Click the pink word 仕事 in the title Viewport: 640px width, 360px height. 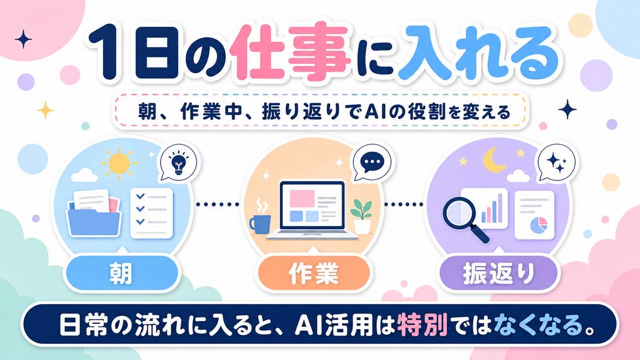pyautogui.click(x=289, y=51)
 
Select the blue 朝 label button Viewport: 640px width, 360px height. pyautogui.click(x=122, y=273)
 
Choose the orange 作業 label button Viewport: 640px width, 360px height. pyautogui.click(x=314, y=273)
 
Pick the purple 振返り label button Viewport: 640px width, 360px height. pyautogui.click(x=499, y=273)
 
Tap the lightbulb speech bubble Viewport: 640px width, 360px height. pyautogui.click(x=179, y=164)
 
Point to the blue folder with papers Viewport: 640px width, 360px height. pyautogui.click(x=94, y=213)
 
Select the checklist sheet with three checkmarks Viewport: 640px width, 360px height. pyautogui.click(x=151, y=213)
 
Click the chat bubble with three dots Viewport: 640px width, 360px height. pyautogui.click(x=371, y=162)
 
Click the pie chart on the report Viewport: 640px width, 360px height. pyautogui.click(x=539, y=224)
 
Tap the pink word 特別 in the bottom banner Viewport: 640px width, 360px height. pyautogui.click(x=422, y=325)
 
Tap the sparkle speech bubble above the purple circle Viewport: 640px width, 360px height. pyautogui.click(x=556, y=163)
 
